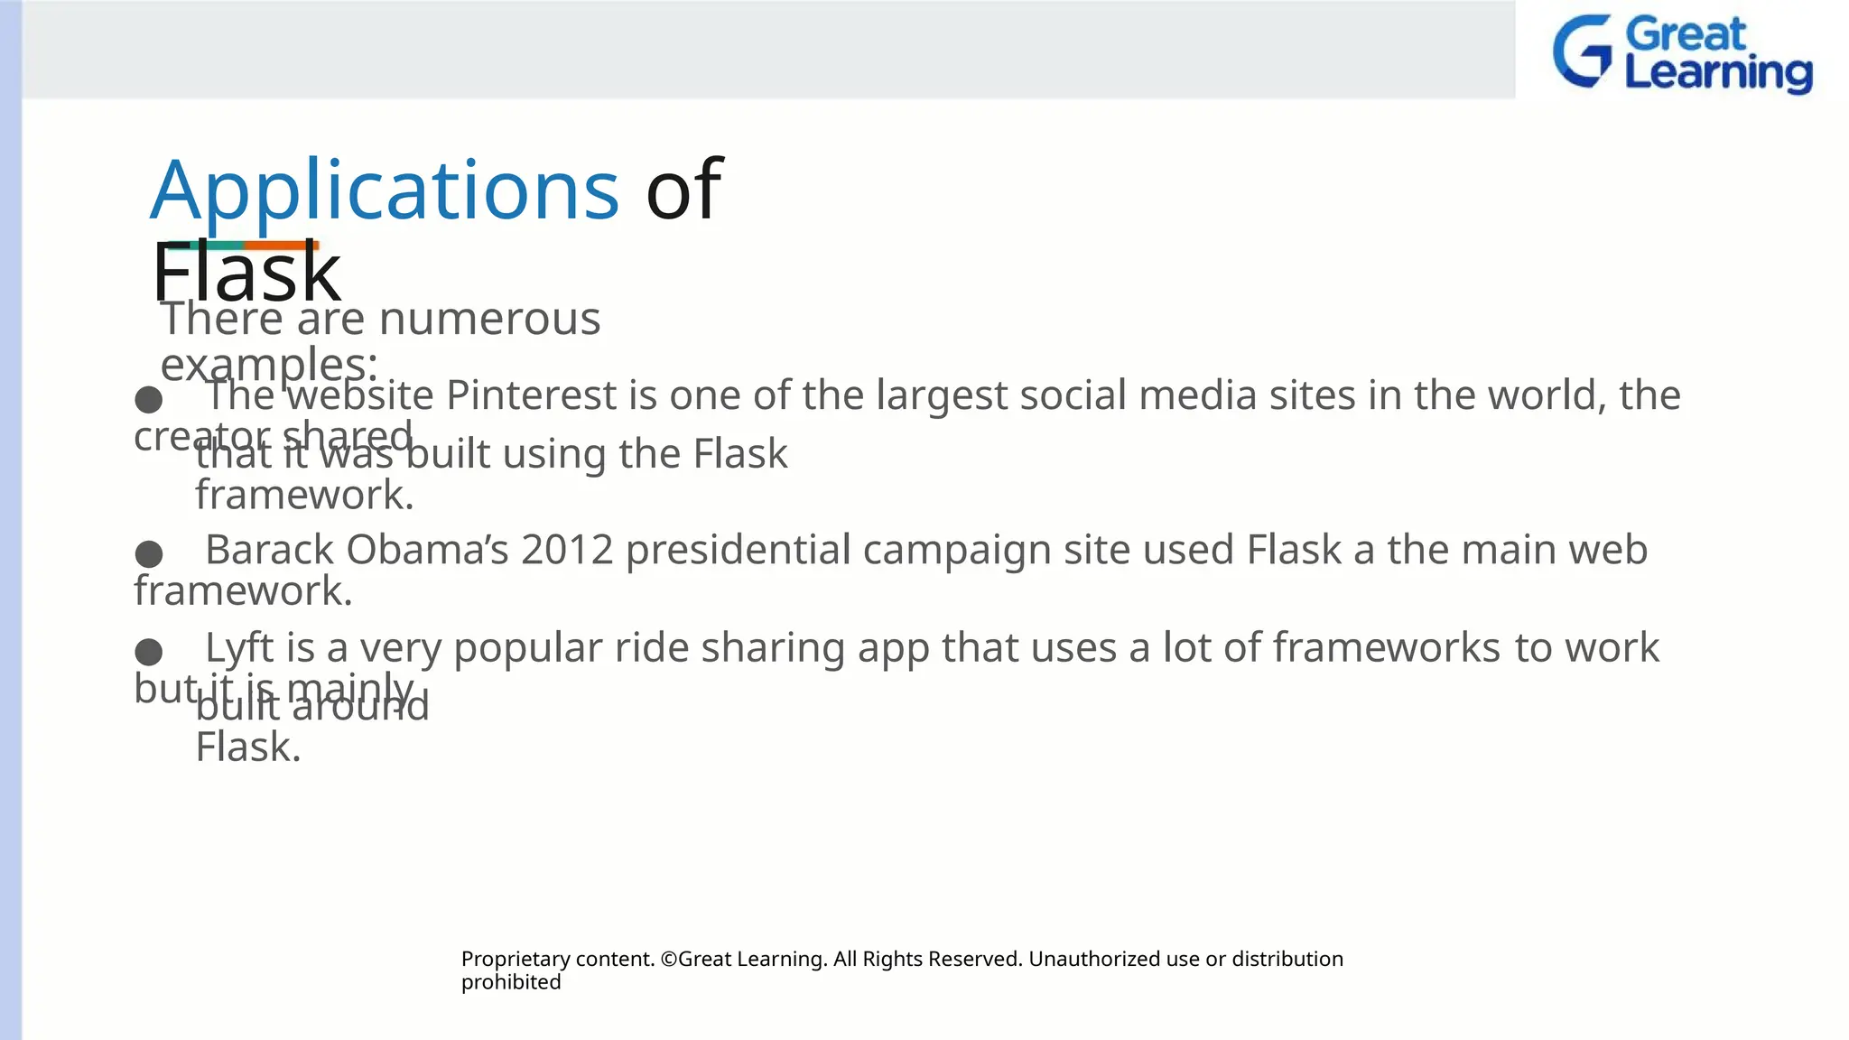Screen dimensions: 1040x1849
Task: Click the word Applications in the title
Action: [385, 190]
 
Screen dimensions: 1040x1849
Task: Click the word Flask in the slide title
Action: [246, 274]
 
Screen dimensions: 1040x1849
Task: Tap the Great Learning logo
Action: [1682, 54]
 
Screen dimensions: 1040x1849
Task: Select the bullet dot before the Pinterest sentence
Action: [149, 399]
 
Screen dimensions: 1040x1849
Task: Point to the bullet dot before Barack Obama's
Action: [149, 553]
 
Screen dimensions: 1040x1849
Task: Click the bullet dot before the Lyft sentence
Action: [149, 651]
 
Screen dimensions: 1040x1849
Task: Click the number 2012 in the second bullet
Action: [567, 550]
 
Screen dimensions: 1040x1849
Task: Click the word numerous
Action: [489, 319]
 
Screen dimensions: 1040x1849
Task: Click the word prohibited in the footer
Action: [511, 982]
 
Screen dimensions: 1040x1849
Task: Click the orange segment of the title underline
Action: [281, 245]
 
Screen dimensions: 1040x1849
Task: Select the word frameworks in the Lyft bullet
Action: [1387, 648]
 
